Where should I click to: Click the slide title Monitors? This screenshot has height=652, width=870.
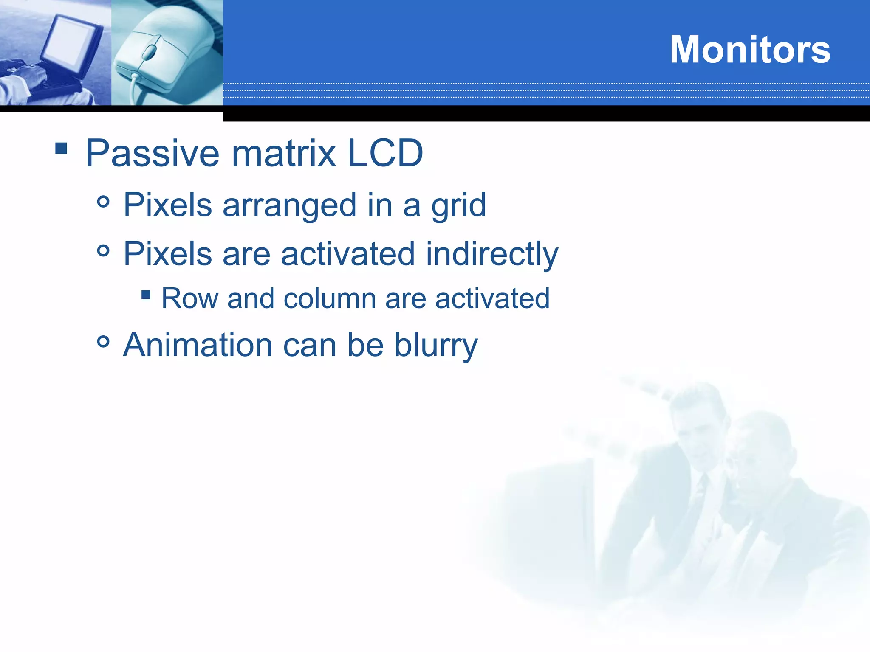coord(750,50)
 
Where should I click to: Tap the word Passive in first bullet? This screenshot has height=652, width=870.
coord(153,154)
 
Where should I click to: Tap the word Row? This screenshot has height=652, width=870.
coord(189,298)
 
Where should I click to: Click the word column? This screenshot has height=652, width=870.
coord(330,298)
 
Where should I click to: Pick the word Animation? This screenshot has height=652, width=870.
coord(198,345)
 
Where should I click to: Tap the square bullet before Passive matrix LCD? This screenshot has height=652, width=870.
coord(61,148)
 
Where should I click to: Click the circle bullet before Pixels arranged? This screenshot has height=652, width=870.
coord(103,202)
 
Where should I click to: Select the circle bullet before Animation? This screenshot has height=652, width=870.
coord(103,341)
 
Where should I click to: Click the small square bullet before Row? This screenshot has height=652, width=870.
coord(146,295)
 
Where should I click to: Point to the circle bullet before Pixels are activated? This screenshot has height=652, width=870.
coord(103,250)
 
